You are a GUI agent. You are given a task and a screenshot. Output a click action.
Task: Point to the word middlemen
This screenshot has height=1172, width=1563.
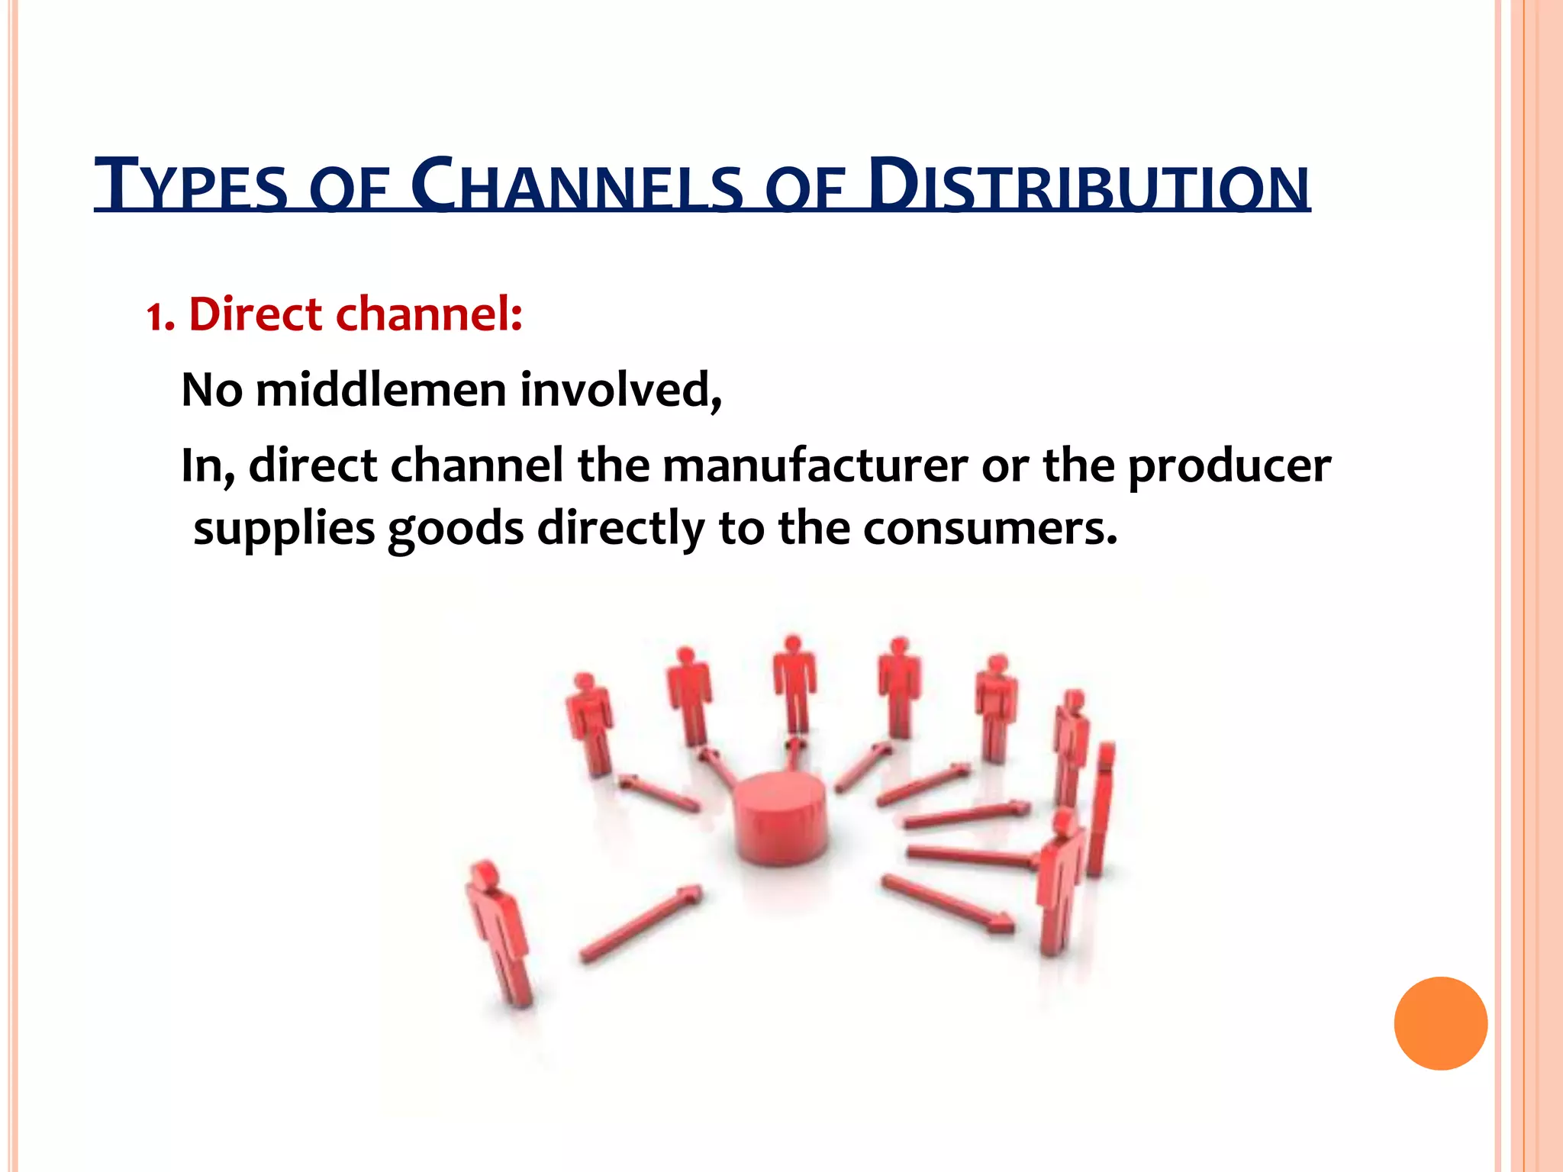381,390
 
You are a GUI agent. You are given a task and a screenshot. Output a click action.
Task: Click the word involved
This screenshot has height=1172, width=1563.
620,390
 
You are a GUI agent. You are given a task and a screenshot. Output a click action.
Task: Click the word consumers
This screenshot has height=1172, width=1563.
990,528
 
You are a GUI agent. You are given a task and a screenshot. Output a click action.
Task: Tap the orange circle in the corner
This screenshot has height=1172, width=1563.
1440,1023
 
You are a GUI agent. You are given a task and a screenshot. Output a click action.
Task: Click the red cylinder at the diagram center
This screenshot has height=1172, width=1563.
778,817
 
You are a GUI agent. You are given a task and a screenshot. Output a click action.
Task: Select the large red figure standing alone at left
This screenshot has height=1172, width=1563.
499,931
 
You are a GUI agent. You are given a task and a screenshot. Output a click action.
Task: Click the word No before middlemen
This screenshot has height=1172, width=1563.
211,390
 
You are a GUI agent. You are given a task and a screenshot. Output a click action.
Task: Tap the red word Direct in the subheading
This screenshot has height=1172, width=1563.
255,314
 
